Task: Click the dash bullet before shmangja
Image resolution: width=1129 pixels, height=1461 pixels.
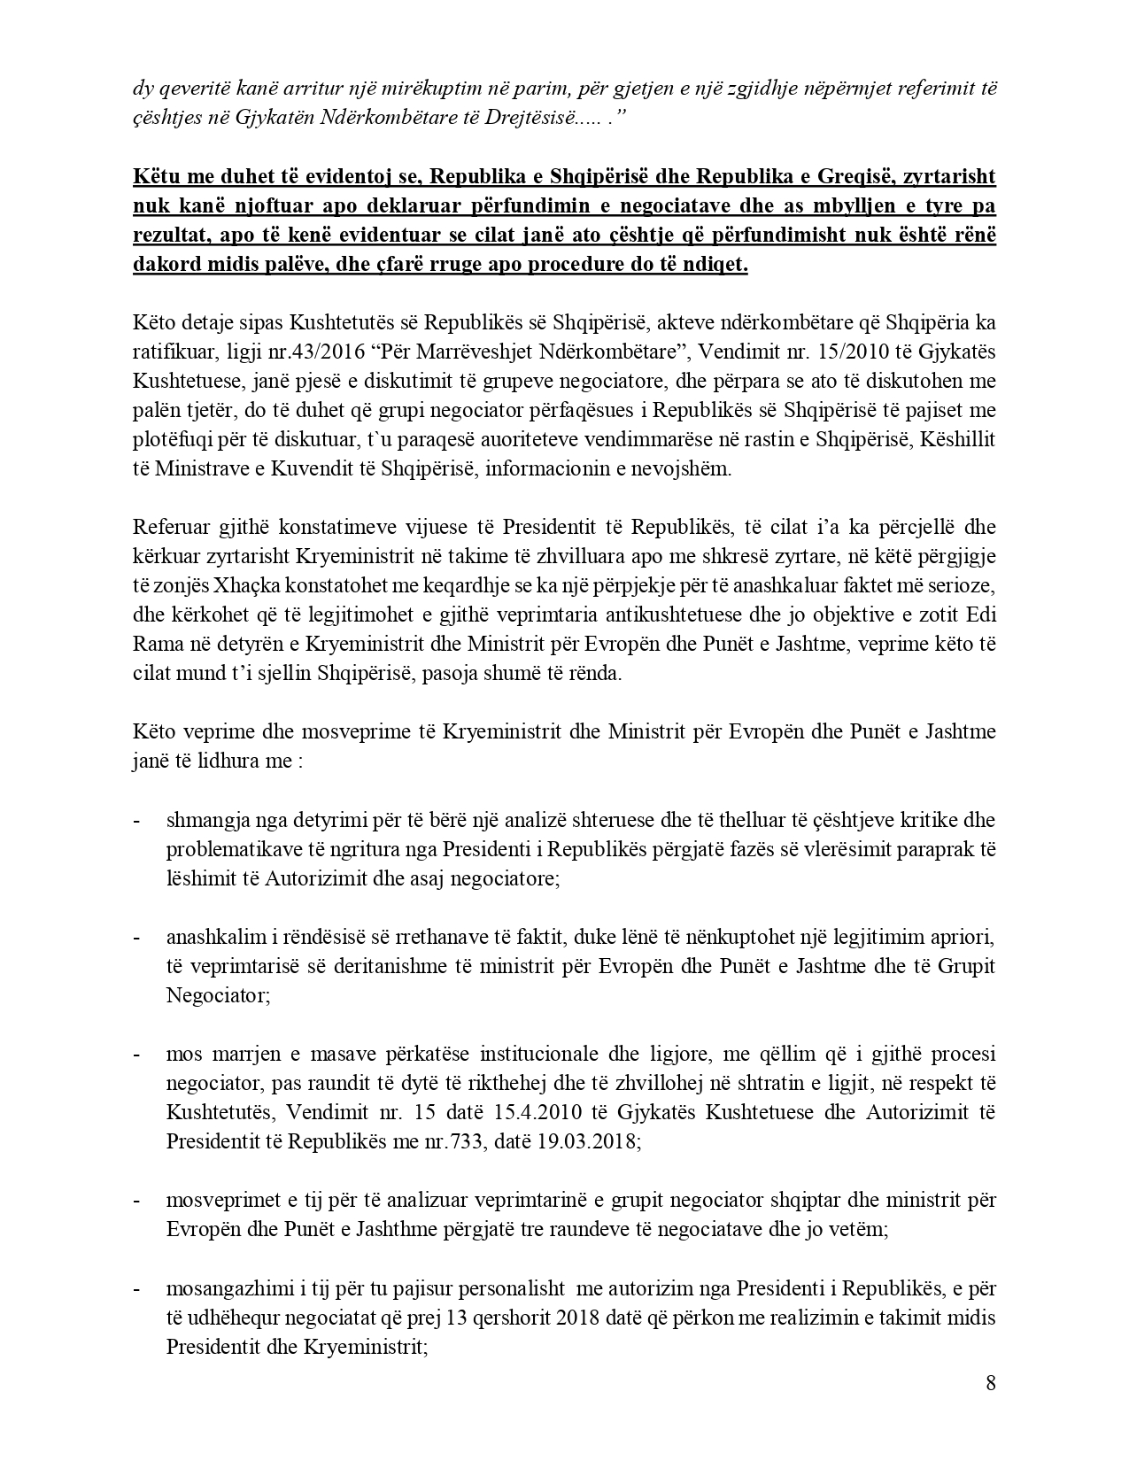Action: (137, 820)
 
